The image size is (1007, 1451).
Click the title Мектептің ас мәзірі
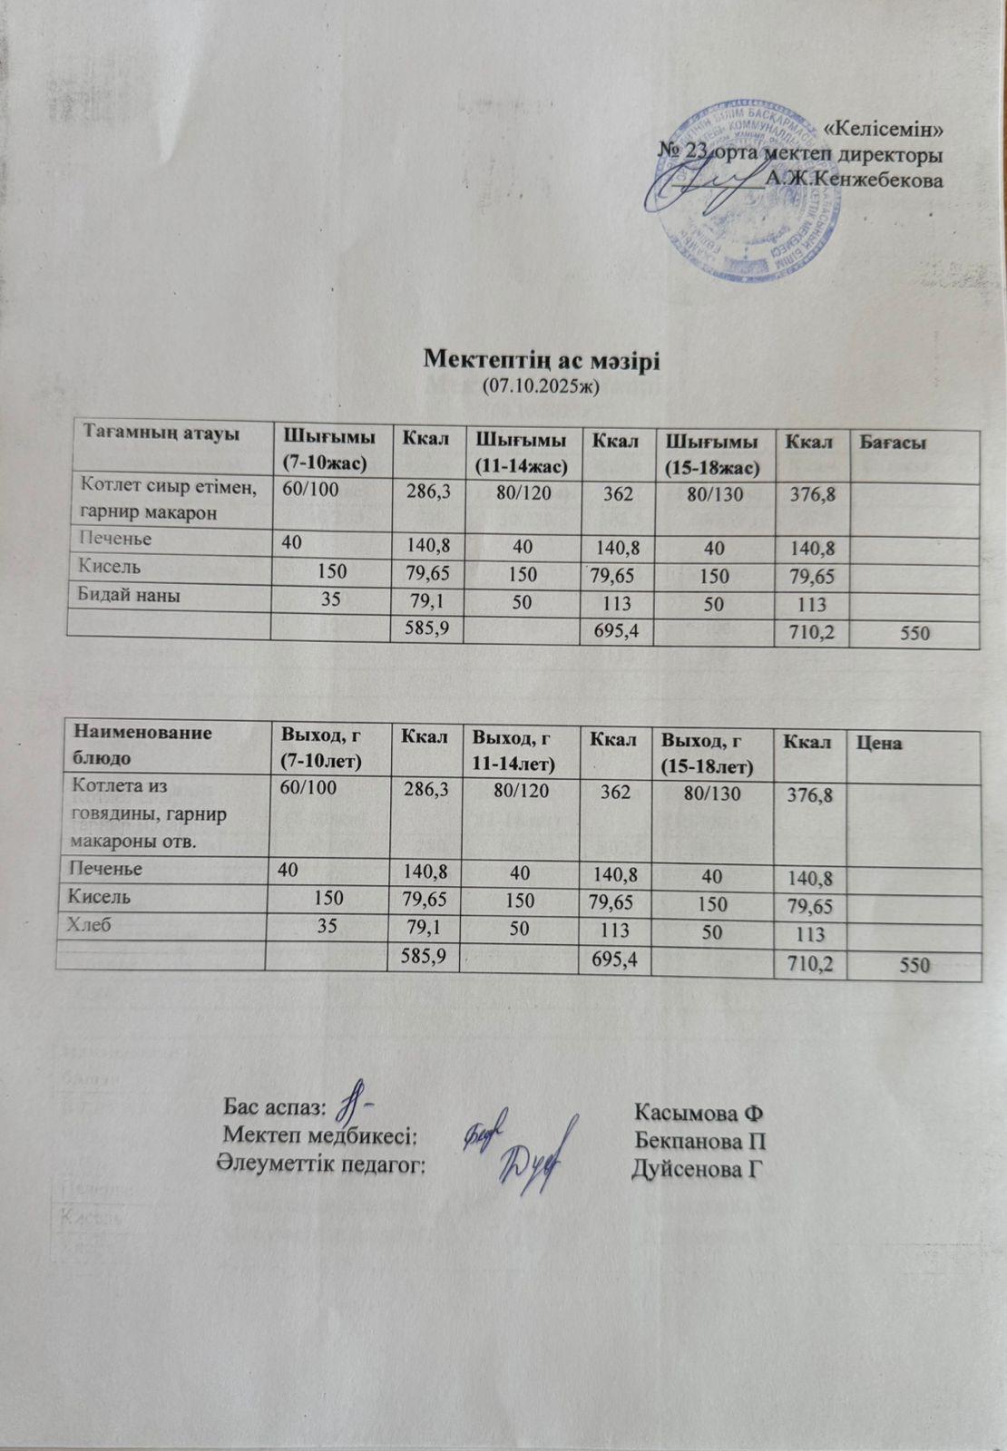point(542,359)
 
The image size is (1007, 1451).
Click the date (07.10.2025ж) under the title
point(542,386)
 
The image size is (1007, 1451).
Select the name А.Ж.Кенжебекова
point(854,180)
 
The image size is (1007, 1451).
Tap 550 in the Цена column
point(914,966)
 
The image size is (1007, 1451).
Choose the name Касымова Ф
point(697,1112)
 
